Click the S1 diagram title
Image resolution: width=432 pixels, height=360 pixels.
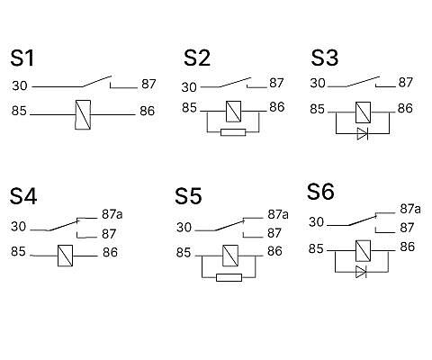[x=22, y=58]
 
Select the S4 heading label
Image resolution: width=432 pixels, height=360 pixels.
[x=23, y=196]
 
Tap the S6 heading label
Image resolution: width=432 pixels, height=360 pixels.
[x=320, y=192]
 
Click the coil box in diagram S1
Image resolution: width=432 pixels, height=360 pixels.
[x=83, y=115]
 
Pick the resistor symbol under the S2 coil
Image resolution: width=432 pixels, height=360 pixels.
[x=233, y=132]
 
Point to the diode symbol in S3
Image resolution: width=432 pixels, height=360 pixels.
[x=363, y=133]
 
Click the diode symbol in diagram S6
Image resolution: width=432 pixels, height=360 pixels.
[x=361, y=272]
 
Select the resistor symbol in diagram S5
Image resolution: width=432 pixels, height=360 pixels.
[x=229, y=277]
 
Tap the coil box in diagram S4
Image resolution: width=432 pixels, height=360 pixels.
[x=65, y=256]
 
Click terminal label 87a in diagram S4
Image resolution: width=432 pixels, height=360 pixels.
[x=112, y=214]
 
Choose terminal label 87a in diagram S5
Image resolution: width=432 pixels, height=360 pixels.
[x=278, y=214]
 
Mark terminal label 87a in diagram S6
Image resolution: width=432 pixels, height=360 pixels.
[x=410, y=209]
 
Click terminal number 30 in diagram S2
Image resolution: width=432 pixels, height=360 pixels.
[x=189, y=87]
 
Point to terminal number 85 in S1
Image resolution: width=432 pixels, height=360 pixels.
[x=19, y=111]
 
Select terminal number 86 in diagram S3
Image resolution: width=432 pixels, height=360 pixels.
[x=405, y=108]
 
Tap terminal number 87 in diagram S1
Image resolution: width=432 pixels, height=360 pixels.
[x=148, y=85]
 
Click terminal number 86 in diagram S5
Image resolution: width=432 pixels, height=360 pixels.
[x=274, y=251]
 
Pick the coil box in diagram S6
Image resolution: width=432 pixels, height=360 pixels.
[x=363, y=251]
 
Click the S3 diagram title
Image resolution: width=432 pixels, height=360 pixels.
[x=325, y=58]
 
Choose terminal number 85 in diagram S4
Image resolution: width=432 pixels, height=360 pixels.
[x=18, y=251]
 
